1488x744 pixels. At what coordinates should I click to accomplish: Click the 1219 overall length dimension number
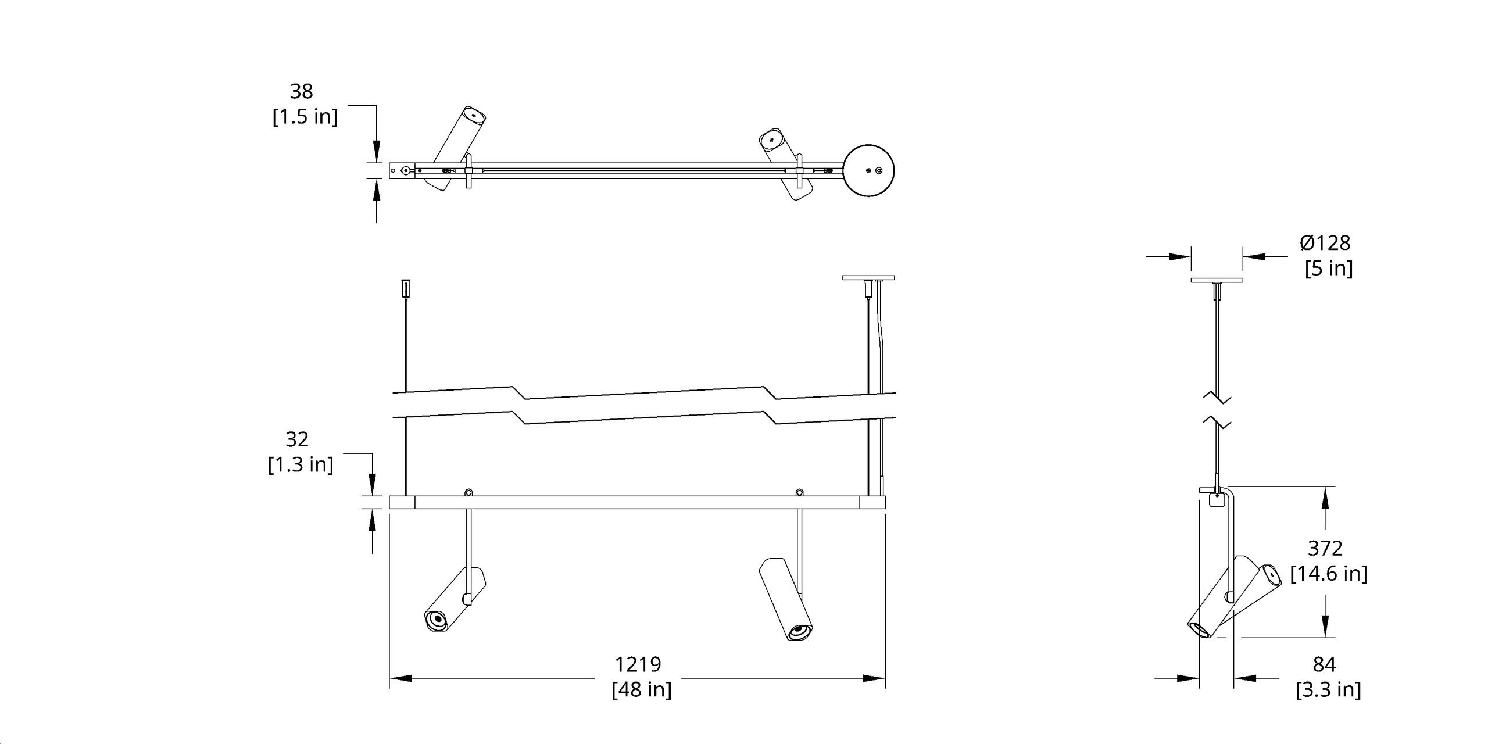(x=638, y=664)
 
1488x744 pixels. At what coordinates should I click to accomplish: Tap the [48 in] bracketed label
(x=641, y=689)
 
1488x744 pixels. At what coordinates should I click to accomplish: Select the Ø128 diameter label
(x=1325, y=242)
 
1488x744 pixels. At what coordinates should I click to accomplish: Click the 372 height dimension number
(x=1325, y=548)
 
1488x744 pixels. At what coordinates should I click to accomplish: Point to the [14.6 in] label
(x=1328, y=574)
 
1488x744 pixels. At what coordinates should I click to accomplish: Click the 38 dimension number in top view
(x=301, y=91)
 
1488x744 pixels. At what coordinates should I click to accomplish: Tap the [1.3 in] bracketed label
(x=301, y=464)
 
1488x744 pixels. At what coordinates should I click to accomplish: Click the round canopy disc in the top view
(x=868, y=170)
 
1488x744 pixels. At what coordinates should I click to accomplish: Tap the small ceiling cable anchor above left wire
(x=405, y=287)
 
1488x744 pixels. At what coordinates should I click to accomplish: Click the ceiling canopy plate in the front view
(x=868, y=278)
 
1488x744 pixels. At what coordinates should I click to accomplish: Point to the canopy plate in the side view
(x=1217, y=280)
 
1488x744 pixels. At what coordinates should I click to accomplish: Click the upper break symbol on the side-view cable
(x=1217, y=399)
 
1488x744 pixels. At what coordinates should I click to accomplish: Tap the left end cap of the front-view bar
(x=402, y=502)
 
